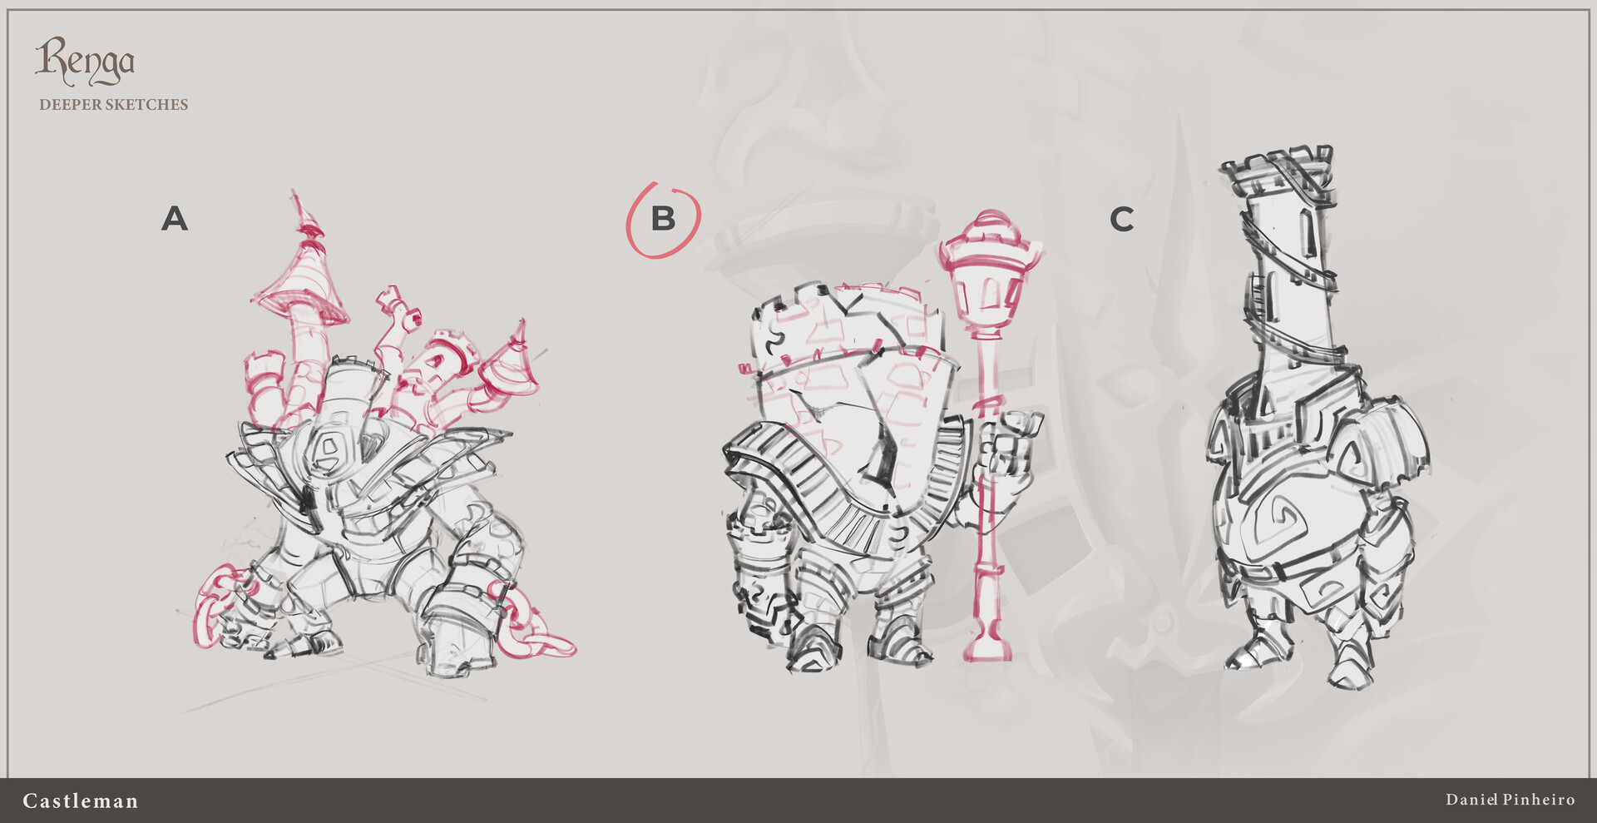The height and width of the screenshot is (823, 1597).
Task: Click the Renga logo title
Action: [84, 62]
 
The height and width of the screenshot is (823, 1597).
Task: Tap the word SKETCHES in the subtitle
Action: [146, 105]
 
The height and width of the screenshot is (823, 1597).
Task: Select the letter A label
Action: [175, 219]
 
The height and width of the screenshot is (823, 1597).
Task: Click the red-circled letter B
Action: [663, 219]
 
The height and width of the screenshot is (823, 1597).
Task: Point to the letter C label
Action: [1121, 220]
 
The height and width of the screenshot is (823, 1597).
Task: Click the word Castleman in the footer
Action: [81, 801]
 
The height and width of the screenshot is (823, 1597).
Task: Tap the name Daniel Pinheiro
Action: [1510, 800]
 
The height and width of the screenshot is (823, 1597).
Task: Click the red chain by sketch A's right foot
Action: [532, 628]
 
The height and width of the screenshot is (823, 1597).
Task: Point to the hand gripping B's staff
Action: [1008, 449]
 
